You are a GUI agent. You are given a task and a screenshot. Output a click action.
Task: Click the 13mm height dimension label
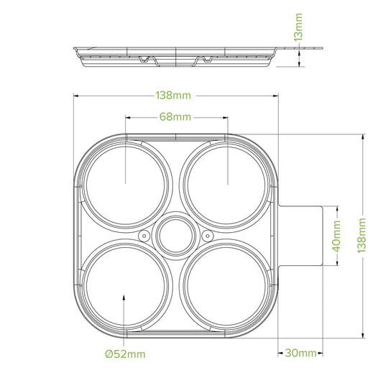tap(298, 27)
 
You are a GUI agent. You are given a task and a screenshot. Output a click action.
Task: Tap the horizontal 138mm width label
tap(173, 96)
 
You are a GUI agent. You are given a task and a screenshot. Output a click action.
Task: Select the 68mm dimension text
tap(175, 117)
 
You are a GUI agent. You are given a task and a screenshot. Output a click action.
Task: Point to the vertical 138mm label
tap(361, 236)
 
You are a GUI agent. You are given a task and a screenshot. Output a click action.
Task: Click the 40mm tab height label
tap(337, 236)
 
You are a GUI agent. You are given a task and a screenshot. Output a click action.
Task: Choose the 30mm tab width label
tap(300, 353)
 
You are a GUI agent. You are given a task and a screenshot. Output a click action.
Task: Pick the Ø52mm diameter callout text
tap(125, 354)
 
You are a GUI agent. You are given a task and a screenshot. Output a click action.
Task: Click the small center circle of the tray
tap(176, 236)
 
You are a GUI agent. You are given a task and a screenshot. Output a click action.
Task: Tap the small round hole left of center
tap(144, 236)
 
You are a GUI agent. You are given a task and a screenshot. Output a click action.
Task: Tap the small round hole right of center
tap(208, 236)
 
